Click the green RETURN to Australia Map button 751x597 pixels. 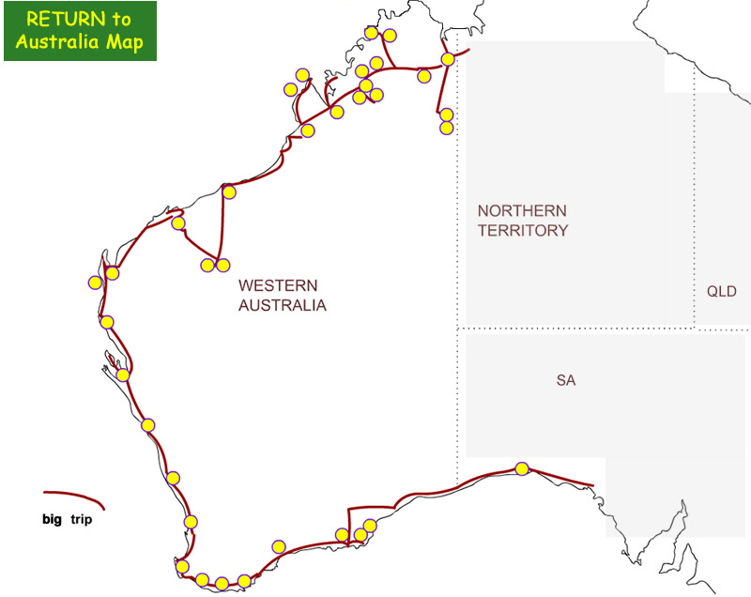80,31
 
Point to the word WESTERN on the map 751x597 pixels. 278,285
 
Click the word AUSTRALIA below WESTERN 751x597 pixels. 282,305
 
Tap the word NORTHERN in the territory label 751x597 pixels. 521,211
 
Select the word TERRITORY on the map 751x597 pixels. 523,231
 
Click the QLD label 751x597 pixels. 721,292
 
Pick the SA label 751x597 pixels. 565,381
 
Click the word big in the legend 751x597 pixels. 53,518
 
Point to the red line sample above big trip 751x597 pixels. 73,496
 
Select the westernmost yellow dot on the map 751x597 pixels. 95,282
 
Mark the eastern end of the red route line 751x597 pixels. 592,485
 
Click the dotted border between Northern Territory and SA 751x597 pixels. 563,329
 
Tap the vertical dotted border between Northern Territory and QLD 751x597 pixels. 694,188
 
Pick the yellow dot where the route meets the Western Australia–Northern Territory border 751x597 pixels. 448,59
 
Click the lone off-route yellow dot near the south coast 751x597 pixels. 278,546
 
